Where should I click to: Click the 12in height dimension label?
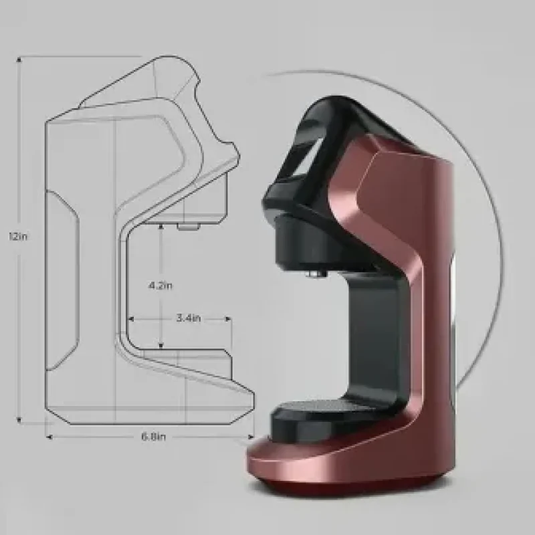(x=18, y=236)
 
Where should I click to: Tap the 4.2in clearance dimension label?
(x=160, y=286)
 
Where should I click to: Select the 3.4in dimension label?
(x=189, y=318)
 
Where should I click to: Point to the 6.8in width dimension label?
(x=154, y=437)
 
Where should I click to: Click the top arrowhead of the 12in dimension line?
(x=19, y=60)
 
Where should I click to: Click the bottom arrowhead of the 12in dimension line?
(x=19, y=420)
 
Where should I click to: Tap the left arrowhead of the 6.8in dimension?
(x=49, y=437)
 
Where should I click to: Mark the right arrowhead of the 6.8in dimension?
(x=251, y=437)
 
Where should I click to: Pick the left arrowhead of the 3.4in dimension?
(x=130, y=320)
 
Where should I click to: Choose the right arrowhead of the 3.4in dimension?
(x=228, y=320)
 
